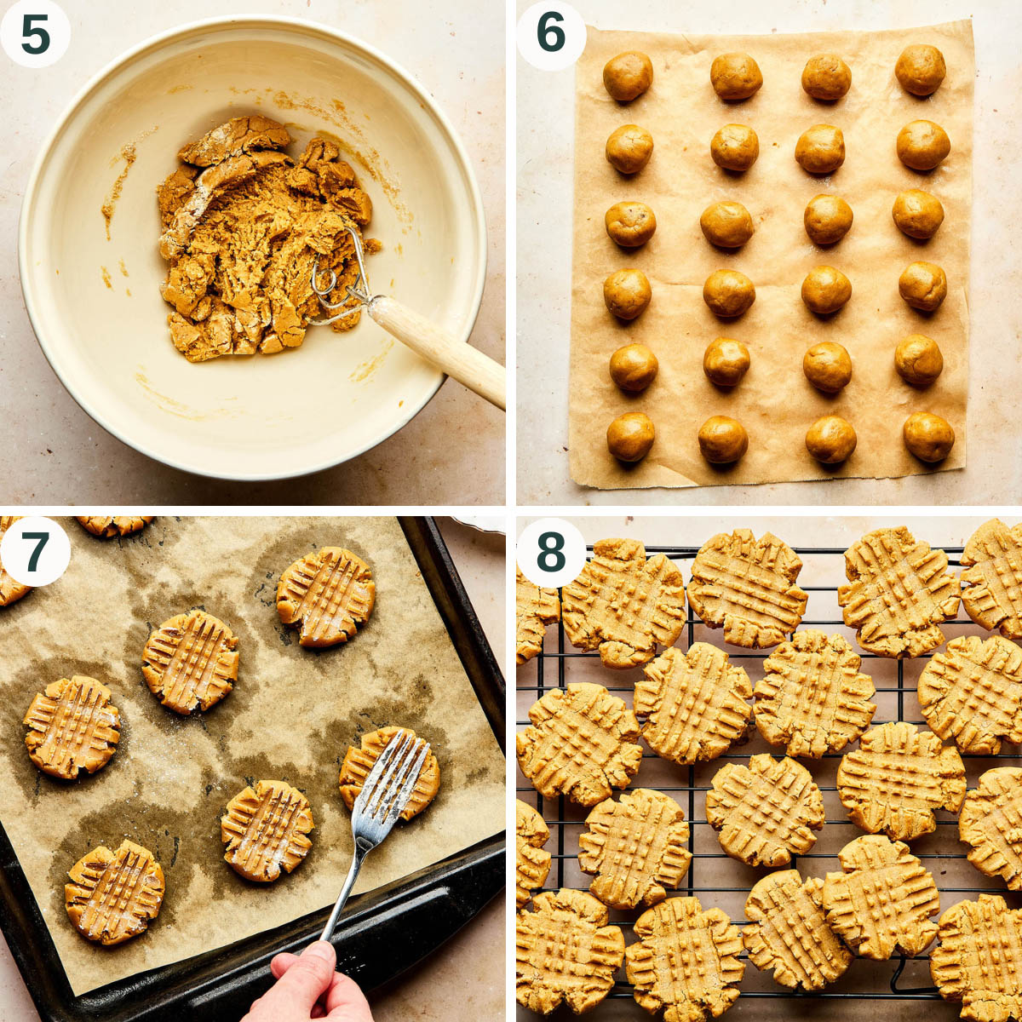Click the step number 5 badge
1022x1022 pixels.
(x=35, y=35)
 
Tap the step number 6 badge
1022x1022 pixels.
(x=551, y=35)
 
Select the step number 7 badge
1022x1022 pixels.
(x=35, y=551)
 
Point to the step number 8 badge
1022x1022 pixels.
(x=551, y=551)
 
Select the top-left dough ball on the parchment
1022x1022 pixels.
(x=628, y=76)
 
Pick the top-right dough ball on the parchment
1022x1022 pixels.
(x=920, y=69)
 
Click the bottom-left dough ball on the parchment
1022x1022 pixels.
(x=631, y=436)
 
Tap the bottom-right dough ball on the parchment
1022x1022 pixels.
(x=928, y=437)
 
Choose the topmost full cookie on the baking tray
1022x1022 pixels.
(x=326, y=595)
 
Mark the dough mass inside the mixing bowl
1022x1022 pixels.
(x=255, y=238)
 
